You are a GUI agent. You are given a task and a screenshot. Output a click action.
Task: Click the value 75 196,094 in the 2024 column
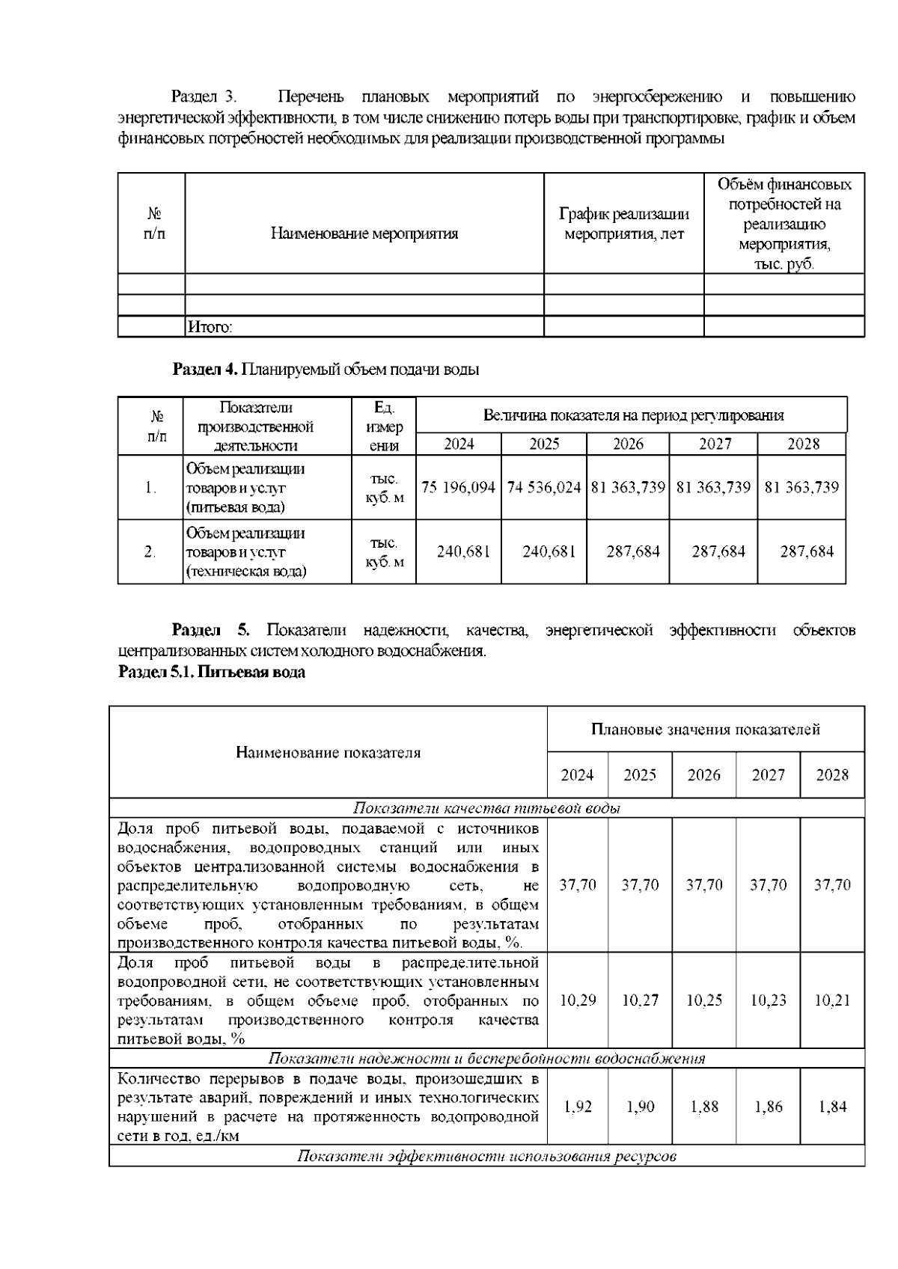(459, 487)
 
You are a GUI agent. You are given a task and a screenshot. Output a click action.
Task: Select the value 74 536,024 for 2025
(544, 487)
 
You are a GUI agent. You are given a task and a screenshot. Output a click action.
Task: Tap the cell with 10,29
(578, 1000)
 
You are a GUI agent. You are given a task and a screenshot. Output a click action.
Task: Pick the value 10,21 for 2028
(832, 1000)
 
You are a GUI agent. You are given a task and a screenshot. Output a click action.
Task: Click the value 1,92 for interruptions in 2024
(578, 1107)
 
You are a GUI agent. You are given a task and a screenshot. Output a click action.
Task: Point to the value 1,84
(832, 1107)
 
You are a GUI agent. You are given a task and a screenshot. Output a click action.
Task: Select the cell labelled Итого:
(210, 327)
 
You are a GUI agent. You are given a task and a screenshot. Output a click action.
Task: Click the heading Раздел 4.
(205, 370)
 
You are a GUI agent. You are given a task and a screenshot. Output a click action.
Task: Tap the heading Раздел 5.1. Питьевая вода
(212, 672)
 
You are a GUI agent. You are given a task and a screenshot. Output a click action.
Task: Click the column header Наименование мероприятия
(364, 233)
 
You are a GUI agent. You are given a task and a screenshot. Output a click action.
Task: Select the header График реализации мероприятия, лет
(624, 224)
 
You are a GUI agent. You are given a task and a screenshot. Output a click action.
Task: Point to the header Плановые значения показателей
(705, 729)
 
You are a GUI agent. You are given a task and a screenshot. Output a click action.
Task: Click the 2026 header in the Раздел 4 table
(628, 444)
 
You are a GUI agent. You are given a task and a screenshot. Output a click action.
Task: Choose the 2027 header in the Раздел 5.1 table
(768, 774)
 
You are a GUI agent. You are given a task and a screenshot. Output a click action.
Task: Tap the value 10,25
(704, 1000)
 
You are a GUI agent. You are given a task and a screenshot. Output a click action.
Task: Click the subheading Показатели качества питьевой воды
(486, 808)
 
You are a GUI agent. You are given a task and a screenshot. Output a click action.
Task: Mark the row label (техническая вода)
(245, 572)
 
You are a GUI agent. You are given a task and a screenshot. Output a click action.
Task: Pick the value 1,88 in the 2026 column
(704, 1107)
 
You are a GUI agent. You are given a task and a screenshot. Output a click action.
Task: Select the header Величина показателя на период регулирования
(633, 415)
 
